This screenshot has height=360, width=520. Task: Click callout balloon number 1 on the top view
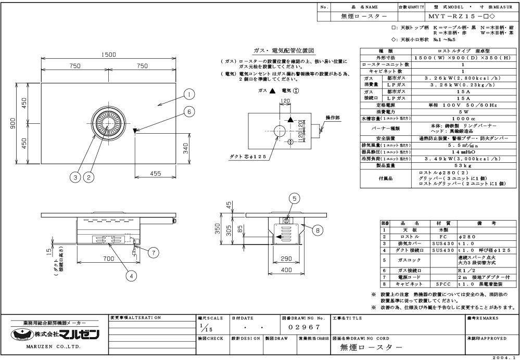pyautogui.click(x=189, y=94)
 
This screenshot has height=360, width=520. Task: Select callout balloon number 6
pyautogui.click(x=189, y=111)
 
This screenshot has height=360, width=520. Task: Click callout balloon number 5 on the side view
pyautogui.click(x=294, y=198)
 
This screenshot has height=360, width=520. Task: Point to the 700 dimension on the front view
pyautogui.click(x=108, y=259)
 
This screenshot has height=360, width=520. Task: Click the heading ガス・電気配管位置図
pyautogui.click(x=283, y=51)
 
